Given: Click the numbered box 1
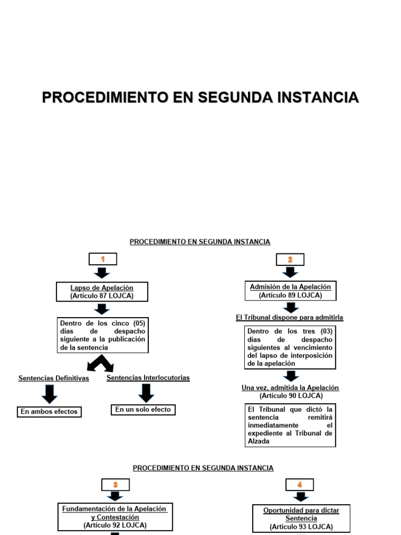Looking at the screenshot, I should coord(103,259).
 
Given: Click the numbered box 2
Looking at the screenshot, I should coord(290,260).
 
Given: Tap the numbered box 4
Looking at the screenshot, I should coord(300,485).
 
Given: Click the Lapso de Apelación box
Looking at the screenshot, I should coord(102,292).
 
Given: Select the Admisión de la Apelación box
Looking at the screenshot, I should coord(290,290).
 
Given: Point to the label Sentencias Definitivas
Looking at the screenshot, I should coord(54,378).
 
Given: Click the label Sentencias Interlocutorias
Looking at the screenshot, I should coord(148,378).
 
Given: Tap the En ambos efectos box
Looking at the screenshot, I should coord(49,412).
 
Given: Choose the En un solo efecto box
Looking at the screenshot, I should coord(143,410).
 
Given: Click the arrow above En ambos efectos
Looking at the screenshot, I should coord(49,393).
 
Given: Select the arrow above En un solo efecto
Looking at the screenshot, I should coord(146,392).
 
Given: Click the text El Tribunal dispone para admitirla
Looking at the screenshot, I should coord(290,317).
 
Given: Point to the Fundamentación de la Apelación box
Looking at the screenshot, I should coord(114,516).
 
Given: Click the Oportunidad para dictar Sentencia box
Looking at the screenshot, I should coord(301,518).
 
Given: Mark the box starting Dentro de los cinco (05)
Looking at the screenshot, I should coord(102,335).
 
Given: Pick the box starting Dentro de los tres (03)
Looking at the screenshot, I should coord(290,347).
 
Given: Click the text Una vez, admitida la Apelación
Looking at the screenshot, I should coord(290,388).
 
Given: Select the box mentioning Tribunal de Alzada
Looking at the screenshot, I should coord(290,425).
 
